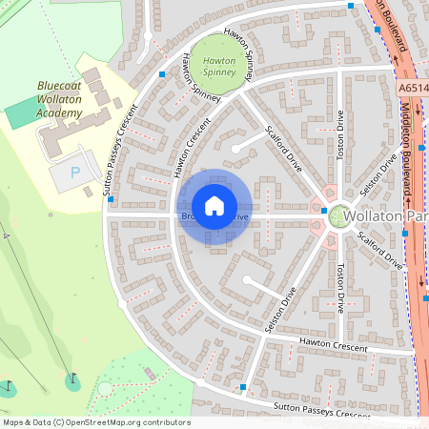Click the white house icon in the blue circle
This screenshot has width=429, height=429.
tap(214, 206)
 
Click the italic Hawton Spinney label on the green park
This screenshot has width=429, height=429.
tap(220, 66)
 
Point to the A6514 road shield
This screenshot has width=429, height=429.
tap(412, 87)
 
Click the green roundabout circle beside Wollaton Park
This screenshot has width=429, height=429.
tap(338, 217)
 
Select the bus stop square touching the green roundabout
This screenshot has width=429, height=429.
tap(325, 211)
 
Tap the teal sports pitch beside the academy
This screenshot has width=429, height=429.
tap(18, 116)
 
